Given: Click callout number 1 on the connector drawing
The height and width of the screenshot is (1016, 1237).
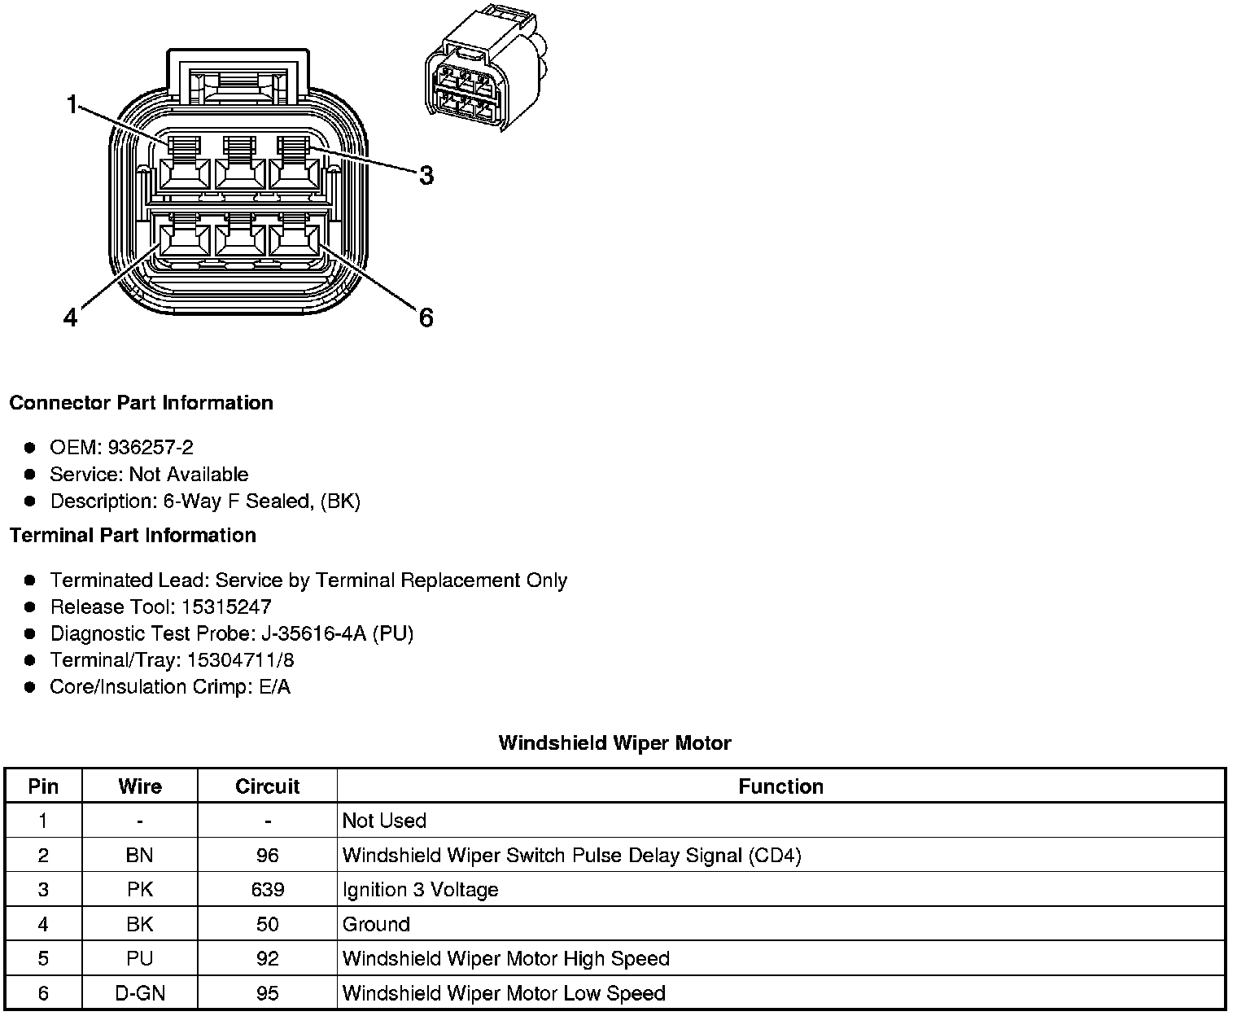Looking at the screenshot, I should click(x=72, y=105).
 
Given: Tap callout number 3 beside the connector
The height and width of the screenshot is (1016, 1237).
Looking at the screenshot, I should click(x=426, y=175).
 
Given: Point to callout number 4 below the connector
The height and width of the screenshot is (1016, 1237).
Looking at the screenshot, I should click(x=71, y=317).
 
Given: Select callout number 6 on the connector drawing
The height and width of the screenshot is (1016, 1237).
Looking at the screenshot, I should click(x=426, y=317).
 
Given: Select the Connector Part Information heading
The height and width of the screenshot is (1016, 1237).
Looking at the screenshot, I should click(x=141, y=403).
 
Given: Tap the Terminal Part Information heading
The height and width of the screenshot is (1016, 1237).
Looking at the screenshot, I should click(x=133, y=536).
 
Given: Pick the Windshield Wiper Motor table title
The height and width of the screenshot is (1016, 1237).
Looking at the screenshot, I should click(x=614, y=742).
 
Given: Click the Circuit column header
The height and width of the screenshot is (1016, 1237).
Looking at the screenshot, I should click(x=267, y=786).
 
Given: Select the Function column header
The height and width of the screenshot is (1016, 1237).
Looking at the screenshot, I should click(x=780, y=786).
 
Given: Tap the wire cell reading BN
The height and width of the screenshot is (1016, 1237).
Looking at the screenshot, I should click(x=139, y=855).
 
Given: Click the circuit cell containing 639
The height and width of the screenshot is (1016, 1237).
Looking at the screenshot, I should click(x=267, y=889).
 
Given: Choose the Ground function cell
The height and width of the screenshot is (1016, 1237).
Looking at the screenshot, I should click(x=376, y=924).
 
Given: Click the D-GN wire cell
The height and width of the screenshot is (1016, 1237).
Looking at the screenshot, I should click(x=139, y=993).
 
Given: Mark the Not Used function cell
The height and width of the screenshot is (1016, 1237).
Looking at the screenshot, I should click(x=384, y=821).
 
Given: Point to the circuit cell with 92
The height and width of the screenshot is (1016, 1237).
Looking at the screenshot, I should click(x=267, y=958).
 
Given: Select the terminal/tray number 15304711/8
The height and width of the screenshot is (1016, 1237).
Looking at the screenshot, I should click(x=240, y=660).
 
